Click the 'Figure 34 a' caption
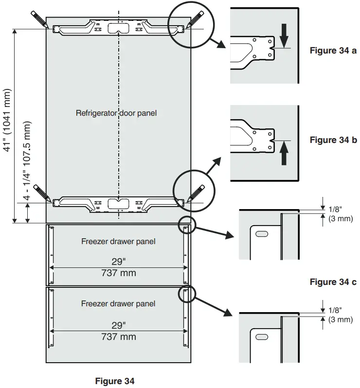coord(333,51)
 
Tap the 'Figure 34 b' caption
coord(333,140)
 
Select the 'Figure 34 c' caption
coord(333,282)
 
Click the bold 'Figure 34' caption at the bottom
coord(115,381)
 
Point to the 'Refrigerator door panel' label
coord(116,113)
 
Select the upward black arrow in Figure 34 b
coord(285,155)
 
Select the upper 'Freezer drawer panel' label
coord(118,242)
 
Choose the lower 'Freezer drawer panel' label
coord(118,304)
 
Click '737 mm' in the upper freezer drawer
coord(118,273)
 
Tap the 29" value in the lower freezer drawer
coord(118,325)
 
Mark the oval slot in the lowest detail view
coord(261,336)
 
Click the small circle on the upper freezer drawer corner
coord(185,225)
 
